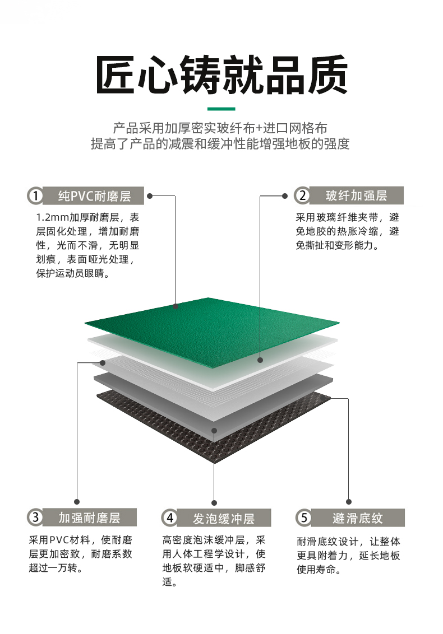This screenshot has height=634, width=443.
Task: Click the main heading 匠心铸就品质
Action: pyautogui.click(x=221, y=75)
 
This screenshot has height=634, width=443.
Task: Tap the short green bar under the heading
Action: pyautogui.click(x=221, y=109)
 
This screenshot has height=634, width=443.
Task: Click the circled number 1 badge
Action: pyautogui.click(x=36, y=195)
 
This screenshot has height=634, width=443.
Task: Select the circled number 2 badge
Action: pyautogui.click(x=302, y=195)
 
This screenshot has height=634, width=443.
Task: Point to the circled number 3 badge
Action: pyautogui.click(x=36, y=517)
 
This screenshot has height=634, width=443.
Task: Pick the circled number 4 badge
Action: pyautogui.click(x=170, y=518)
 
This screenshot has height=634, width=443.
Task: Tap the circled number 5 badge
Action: pyautogui.click(x=304, y=518)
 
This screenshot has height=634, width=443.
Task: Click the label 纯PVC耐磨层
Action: pyautogui.click(x=94, y=196)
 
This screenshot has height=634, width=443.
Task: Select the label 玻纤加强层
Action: pyautogui.click(x=356, y=195)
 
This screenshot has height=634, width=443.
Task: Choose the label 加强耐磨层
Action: pyautogui.click(x=90, y=518)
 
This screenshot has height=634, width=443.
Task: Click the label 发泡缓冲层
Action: pyautogui.click(x=224, y=519)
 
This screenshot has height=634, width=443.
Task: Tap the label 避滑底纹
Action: pyautogui.click(x=358, y=518)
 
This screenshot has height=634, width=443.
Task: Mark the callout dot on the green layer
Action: pyautogui.click(x=176, y=306)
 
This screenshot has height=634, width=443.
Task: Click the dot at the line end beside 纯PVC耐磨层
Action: pyautogui.click(x=149, y=196)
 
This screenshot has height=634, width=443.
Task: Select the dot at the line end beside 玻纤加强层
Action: pyautogui.click(x=285, y=195)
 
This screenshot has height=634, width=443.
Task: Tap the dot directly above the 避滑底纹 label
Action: pyautogui.click(x=349, y=502)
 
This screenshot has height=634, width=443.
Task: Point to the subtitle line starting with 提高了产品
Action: pyautogui.click(x=220, y=143)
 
